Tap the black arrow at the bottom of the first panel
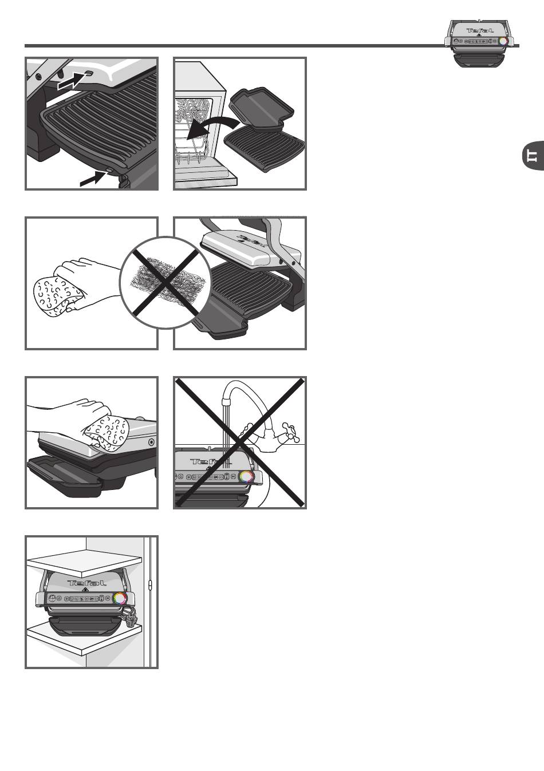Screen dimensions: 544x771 (92, 179)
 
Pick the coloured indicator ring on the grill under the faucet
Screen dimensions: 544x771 (247, 476)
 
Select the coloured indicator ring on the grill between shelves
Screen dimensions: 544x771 (120, 598)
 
